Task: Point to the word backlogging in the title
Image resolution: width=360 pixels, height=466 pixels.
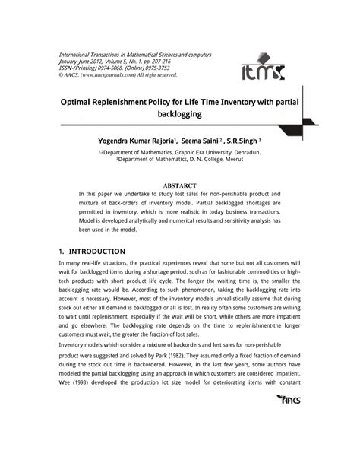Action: (180, 113)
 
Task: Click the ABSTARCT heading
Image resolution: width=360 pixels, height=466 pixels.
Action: (179, 185)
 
